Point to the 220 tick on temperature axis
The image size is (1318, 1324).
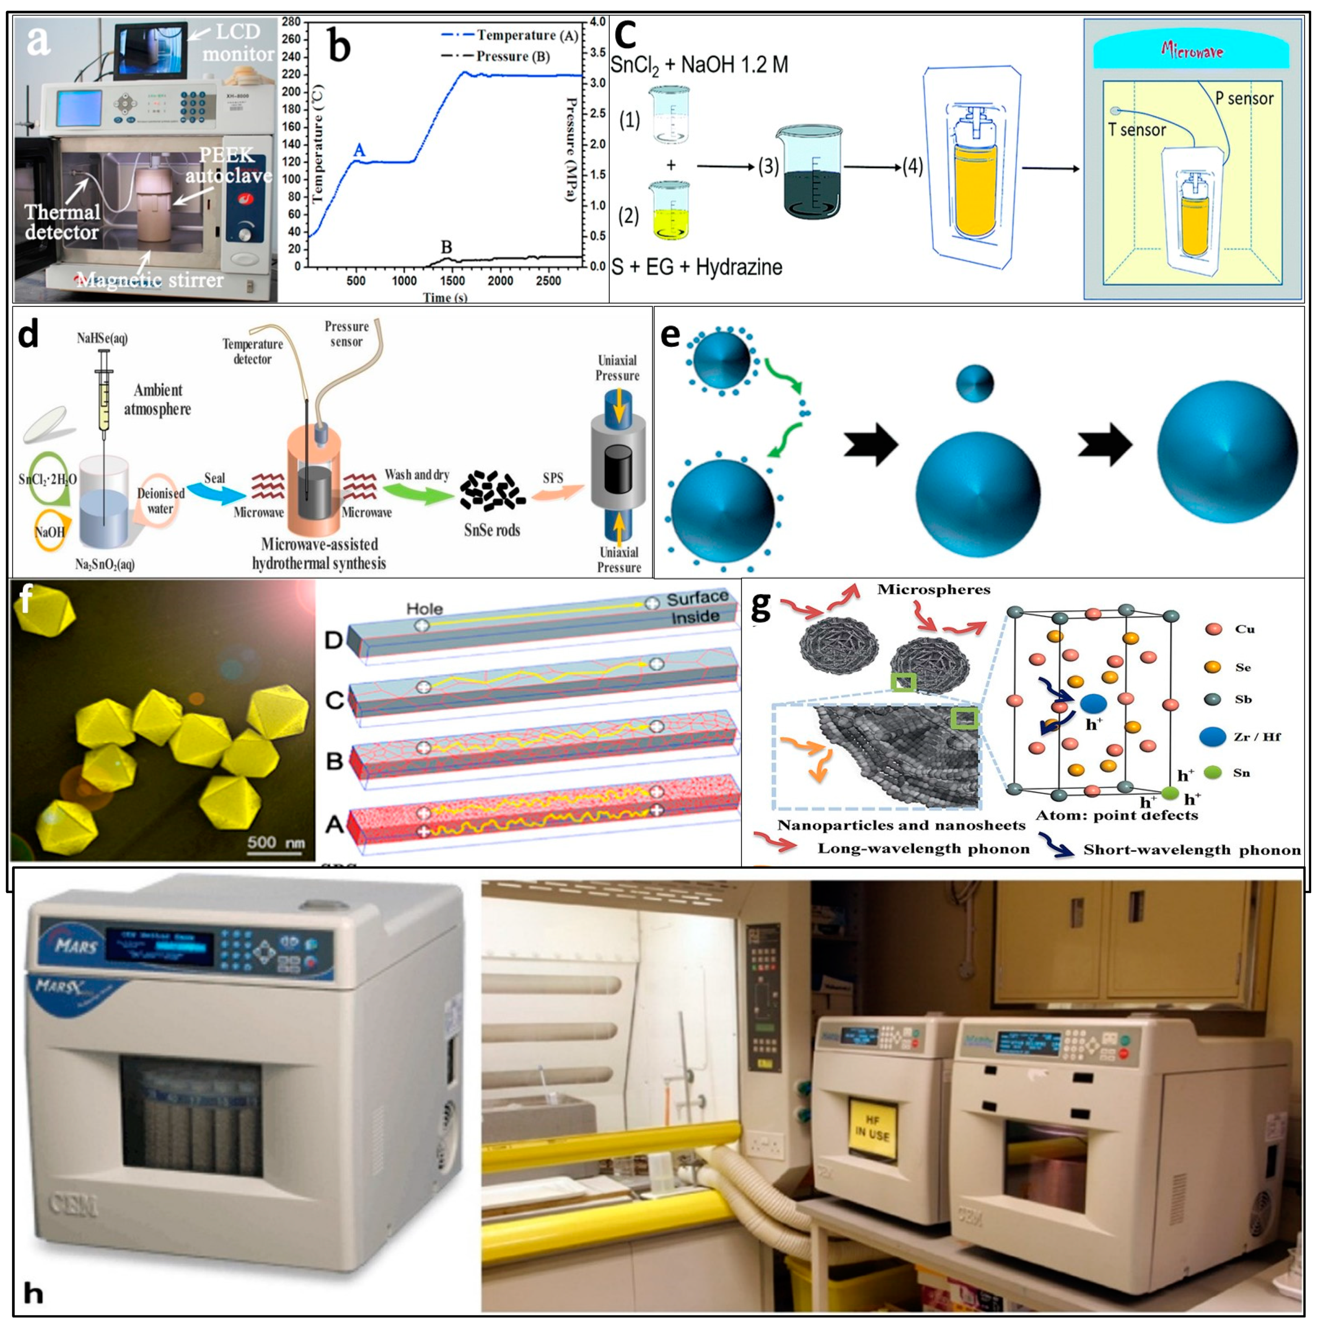pos(293,75)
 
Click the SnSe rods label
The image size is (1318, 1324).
pos(491,530)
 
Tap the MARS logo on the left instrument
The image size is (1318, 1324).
pos(77,947)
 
